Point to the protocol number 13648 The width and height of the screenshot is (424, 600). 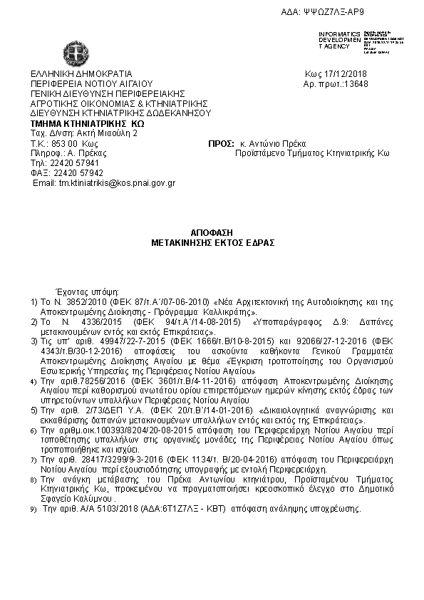354,83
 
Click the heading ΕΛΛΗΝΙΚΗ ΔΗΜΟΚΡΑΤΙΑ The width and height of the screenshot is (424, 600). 81,73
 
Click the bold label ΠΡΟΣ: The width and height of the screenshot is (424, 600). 216,143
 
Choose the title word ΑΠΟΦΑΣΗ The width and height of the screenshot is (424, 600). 212,233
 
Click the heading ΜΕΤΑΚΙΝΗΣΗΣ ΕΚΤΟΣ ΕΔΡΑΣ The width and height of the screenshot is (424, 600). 212,242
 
